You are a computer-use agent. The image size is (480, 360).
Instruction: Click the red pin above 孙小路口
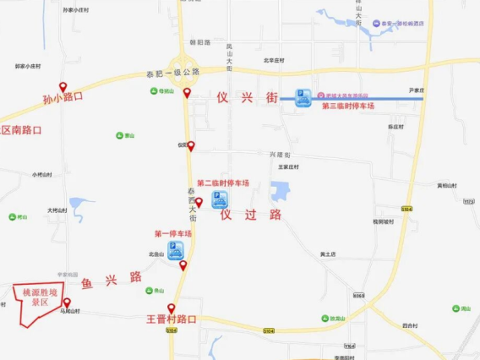(63, 86)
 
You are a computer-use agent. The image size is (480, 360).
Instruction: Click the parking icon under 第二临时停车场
(219, 199)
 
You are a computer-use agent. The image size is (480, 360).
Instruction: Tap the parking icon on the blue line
(301, 97)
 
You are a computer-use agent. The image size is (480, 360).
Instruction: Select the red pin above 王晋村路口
(171, 308)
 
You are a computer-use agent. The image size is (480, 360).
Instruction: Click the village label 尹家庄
(415, 89)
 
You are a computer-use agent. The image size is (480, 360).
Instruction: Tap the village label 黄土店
(328, 254)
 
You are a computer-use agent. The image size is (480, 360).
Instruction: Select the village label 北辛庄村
(273, 60)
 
